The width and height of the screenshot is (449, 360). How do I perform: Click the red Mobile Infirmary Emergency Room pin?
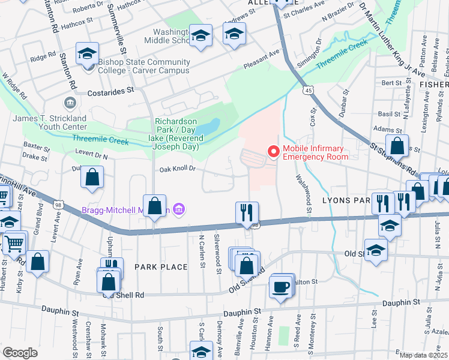274,152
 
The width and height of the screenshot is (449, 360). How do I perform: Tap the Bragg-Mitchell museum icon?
179,209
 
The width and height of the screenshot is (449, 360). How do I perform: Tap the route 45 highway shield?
307,90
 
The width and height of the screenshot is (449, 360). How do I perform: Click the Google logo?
20,352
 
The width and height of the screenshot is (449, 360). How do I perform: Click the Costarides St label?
110,92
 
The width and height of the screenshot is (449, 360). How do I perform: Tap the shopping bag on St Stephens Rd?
397,145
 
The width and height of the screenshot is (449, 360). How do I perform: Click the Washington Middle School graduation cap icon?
200,35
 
